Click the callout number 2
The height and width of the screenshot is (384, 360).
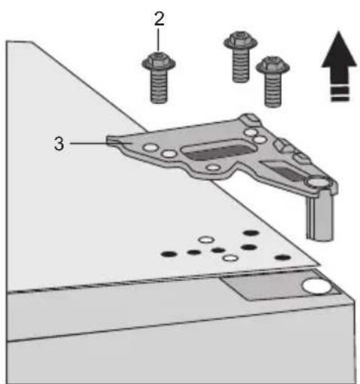[160, 19]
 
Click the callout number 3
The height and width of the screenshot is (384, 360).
[59, 144]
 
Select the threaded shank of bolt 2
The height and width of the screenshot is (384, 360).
[159, 86]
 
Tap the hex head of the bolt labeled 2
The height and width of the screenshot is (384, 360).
[158, 61]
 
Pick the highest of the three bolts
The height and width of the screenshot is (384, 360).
[241, 56]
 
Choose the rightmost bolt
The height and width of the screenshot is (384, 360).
[273, 81]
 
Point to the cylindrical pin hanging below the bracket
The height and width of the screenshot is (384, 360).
[319, 216]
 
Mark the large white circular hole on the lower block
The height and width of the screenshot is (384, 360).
[317, 286]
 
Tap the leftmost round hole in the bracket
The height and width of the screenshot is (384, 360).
[151, 148]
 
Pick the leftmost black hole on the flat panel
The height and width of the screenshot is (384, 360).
[169, 254]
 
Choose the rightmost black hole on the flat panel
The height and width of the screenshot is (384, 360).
[283, 258]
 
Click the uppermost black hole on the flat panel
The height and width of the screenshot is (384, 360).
[252, 233]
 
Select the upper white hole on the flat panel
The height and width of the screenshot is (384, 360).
[206, 239]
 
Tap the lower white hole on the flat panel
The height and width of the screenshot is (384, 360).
[230, 258]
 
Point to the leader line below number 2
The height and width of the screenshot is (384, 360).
[158, 40]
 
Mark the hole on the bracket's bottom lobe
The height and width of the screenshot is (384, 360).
[213, 167]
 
